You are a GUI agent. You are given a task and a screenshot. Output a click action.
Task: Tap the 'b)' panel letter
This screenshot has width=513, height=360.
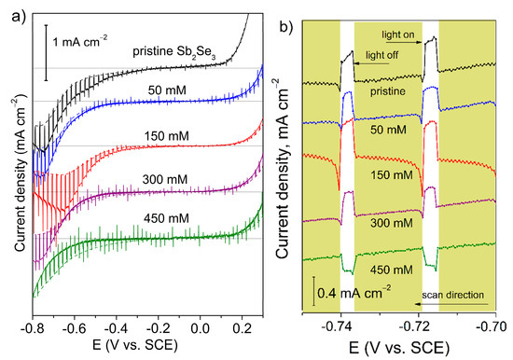pos(278,11)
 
